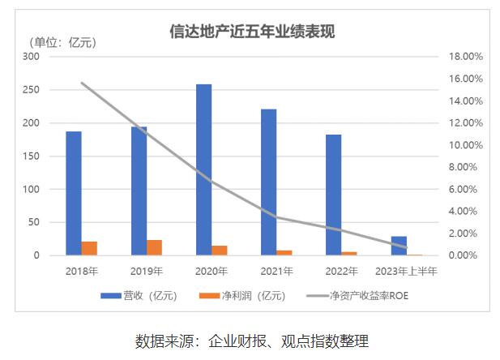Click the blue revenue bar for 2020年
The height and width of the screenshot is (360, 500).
point(203,169)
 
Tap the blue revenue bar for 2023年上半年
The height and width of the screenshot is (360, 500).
point(399,246)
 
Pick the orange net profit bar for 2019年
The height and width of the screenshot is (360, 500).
point(154,247)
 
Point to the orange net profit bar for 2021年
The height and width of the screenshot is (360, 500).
point(284,252)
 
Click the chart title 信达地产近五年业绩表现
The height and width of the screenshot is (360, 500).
point(252,32)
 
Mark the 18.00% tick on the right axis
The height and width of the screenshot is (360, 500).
point(465,57)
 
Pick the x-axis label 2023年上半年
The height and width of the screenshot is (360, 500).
point(406,271)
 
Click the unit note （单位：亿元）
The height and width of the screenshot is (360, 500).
point(62,42)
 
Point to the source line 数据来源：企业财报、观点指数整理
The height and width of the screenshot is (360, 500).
point(252,340)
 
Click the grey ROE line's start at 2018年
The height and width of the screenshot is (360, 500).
point(82,83)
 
